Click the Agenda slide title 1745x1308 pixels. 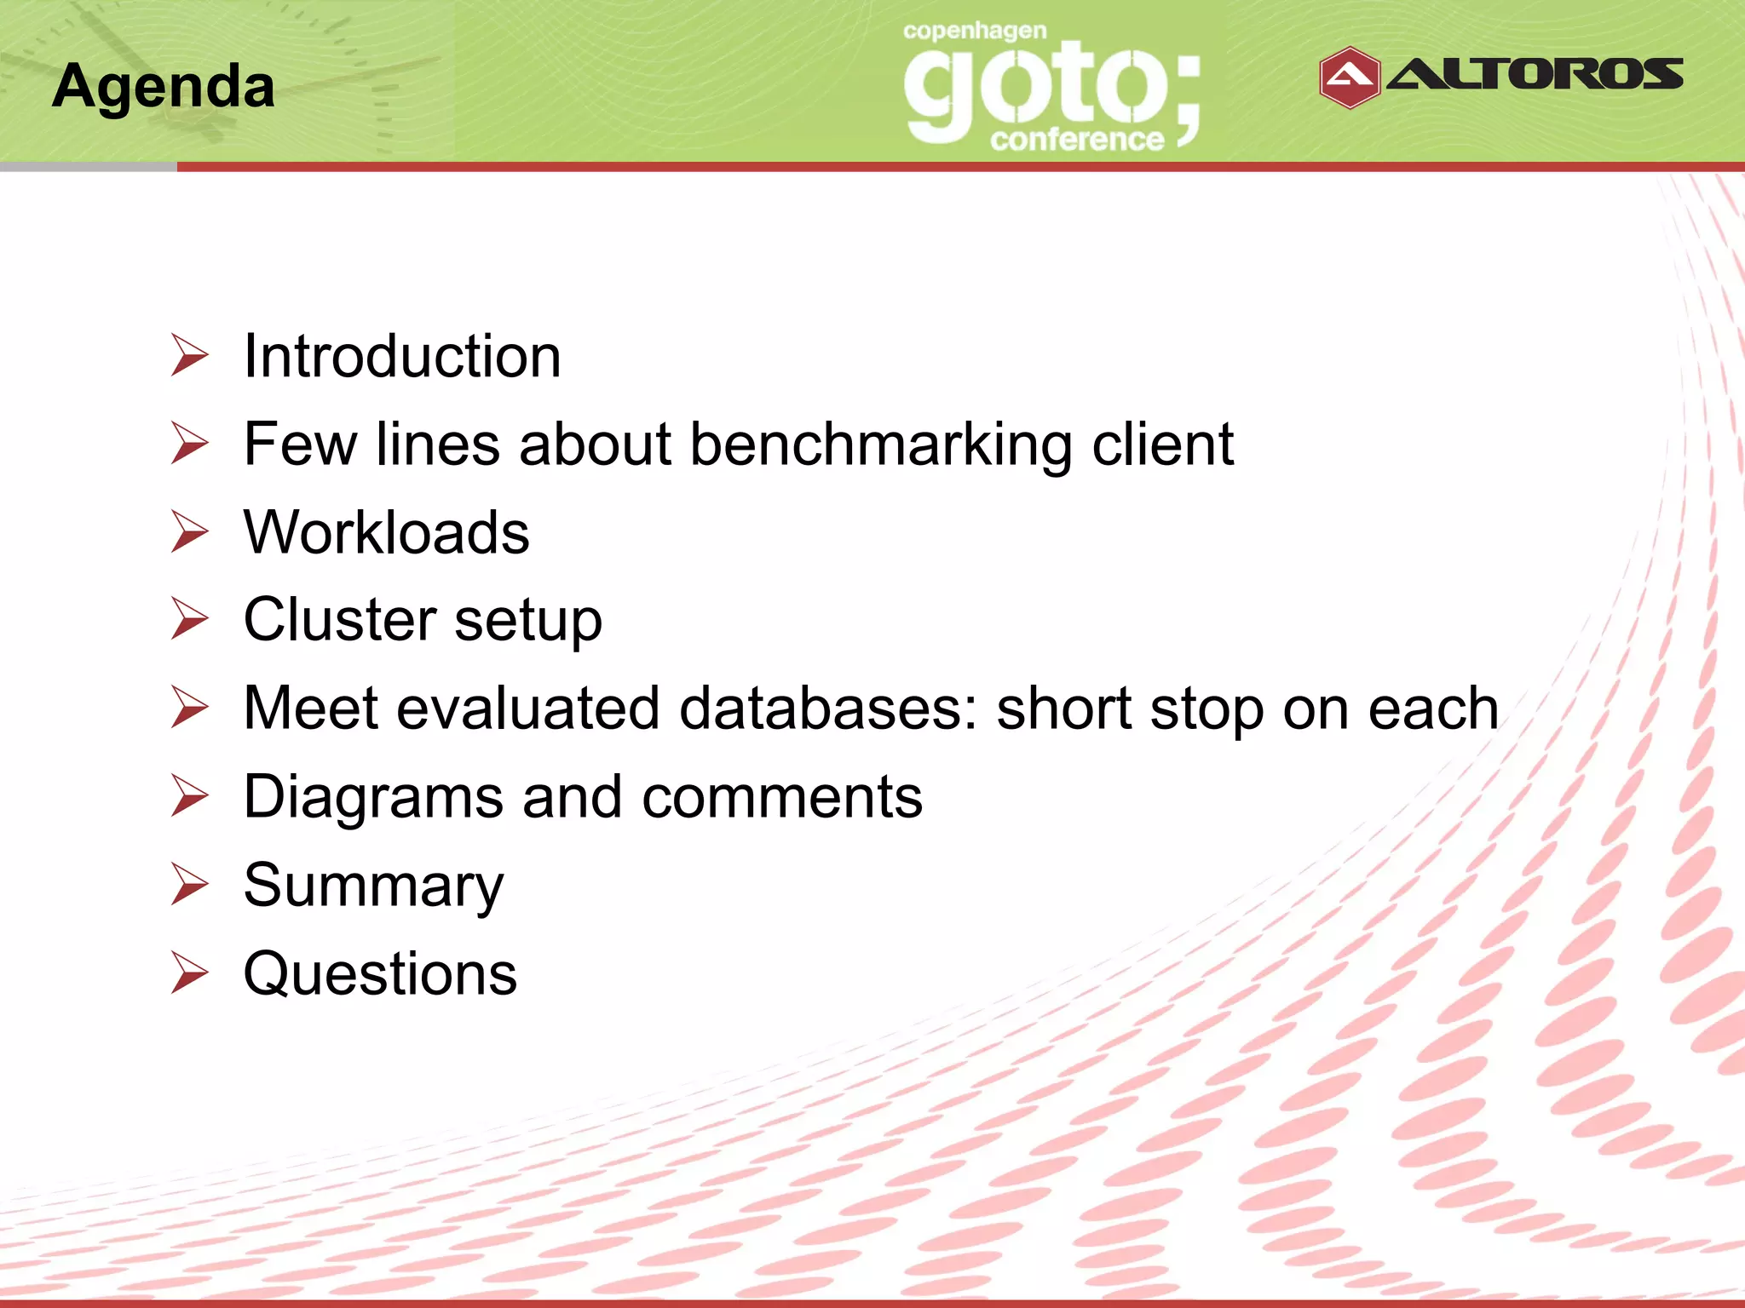163,87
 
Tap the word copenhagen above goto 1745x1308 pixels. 974,32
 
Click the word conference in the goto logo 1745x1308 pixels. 1076,140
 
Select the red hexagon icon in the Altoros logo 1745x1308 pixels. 1349,77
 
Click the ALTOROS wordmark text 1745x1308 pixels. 1535,75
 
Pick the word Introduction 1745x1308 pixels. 402,356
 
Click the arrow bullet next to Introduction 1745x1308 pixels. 188,355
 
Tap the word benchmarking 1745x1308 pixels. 880,445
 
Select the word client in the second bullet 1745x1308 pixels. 1162,445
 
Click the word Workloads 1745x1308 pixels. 386,532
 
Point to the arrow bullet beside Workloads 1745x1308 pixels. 188,531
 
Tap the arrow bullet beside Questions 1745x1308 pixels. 188,972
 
